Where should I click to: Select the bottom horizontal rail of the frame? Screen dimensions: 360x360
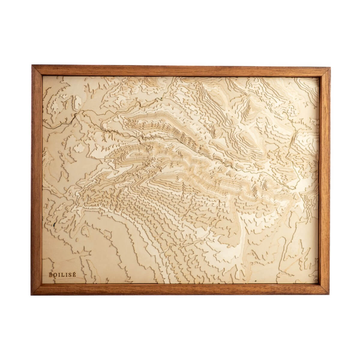click(180, 289)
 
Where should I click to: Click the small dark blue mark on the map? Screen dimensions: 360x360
click(54, 224)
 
